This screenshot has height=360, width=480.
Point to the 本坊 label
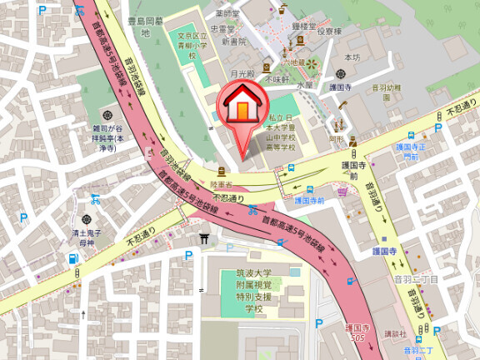pos(352,57)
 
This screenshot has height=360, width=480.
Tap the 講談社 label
pos(385,333)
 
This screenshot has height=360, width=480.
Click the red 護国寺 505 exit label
pos(357,332)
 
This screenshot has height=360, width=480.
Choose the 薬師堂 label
pos(227,14)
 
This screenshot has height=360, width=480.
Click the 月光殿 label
pos(242,74)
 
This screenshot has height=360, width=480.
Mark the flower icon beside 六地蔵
pos(312,63)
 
